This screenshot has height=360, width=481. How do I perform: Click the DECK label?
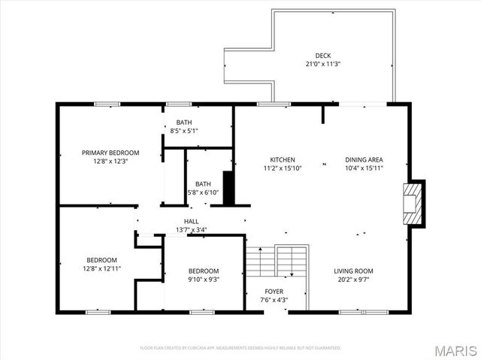point(322,56)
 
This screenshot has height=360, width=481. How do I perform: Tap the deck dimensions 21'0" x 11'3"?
point(322,64)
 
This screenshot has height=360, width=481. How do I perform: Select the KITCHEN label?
point(283,159)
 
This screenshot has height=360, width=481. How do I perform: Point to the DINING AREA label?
point(365,159)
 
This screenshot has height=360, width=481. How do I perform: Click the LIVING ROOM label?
point(353,271)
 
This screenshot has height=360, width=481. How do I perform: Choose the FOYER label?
point(274,292)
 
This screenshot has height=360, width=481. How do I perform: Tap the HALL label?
point(192,221)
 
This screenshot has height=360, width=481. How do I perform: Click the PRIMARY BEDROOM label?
point(110,153)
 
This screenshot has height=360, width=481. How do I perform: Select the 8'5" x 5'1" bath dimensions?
point(184,131)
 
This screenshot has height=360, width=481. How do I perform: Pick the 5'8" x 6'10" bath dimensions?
point(203,193)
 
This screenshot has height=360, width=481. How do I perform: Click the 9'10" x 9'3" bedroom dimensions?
point(204,280)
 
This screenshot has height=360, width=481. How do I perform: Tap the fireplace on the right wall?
point(413,202)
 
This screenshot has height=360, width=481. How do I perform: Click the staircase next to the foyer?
point(277,262)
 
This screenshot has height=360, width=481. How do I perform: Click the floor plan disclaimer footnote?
point(240,348)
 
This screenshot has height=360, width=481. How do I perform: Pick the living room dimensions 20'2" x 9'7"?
point(353,280)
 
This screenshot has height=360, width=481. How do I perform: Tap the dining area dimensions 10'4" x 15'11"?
point(365,168)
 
